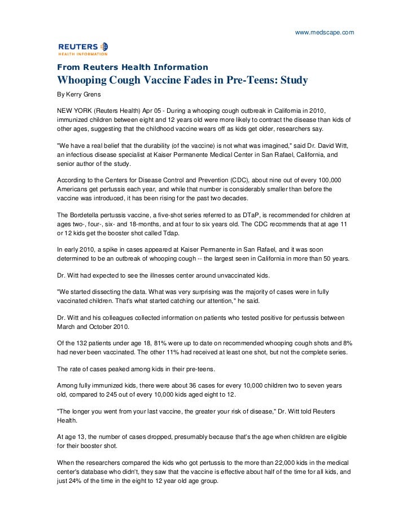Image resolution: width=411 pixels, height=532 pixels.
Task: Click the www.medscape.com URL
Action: pyautogui.click(x=325, y=17)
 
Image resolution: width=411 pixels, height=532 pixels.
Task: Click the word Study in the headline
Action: pyautogui.click(x=291, y=81)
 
